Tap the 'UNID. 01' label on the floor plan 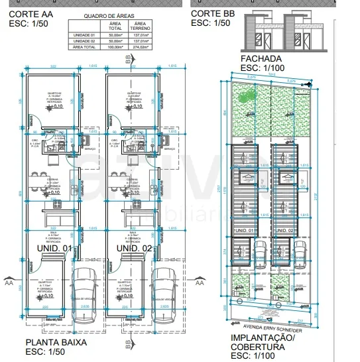point(54,248)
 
